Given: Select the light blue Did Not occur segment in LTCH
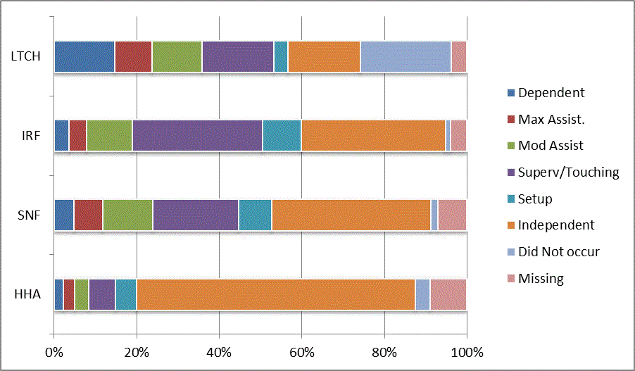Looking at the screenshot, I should (405, 56).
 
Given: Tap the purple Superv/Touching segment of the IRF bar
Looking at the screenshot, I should (197, 135).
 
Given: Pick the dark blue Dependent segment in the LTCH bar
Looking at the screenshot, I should (84, 56).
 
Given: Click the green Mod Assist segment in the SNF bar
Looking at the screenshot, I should (127, 215).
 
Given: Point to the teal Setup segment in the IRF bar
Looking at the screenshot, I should (282, 135).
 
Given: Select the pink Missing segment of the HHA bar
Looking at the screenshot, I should (448, 294).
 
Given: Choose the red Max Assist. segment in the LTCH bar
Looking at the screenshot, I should (133, 56).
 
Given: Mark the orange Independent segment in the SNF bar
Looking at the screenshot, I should (351, 215).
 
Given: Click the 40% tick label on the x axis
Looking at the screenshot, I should (219, 351).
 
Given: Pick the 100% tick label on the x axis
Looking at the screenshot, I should (467, 351).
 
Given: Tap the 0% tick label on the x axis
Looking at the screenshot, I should (54, 351).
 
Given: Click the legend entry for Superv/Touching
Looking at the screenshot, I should (568, 172).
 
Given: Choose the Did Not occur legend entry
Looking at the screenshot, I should (558, 251).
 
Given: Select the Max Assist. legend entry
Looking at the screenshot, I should (551, 119).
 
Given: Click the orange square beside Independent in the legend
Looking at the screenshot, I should (510, 225).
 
